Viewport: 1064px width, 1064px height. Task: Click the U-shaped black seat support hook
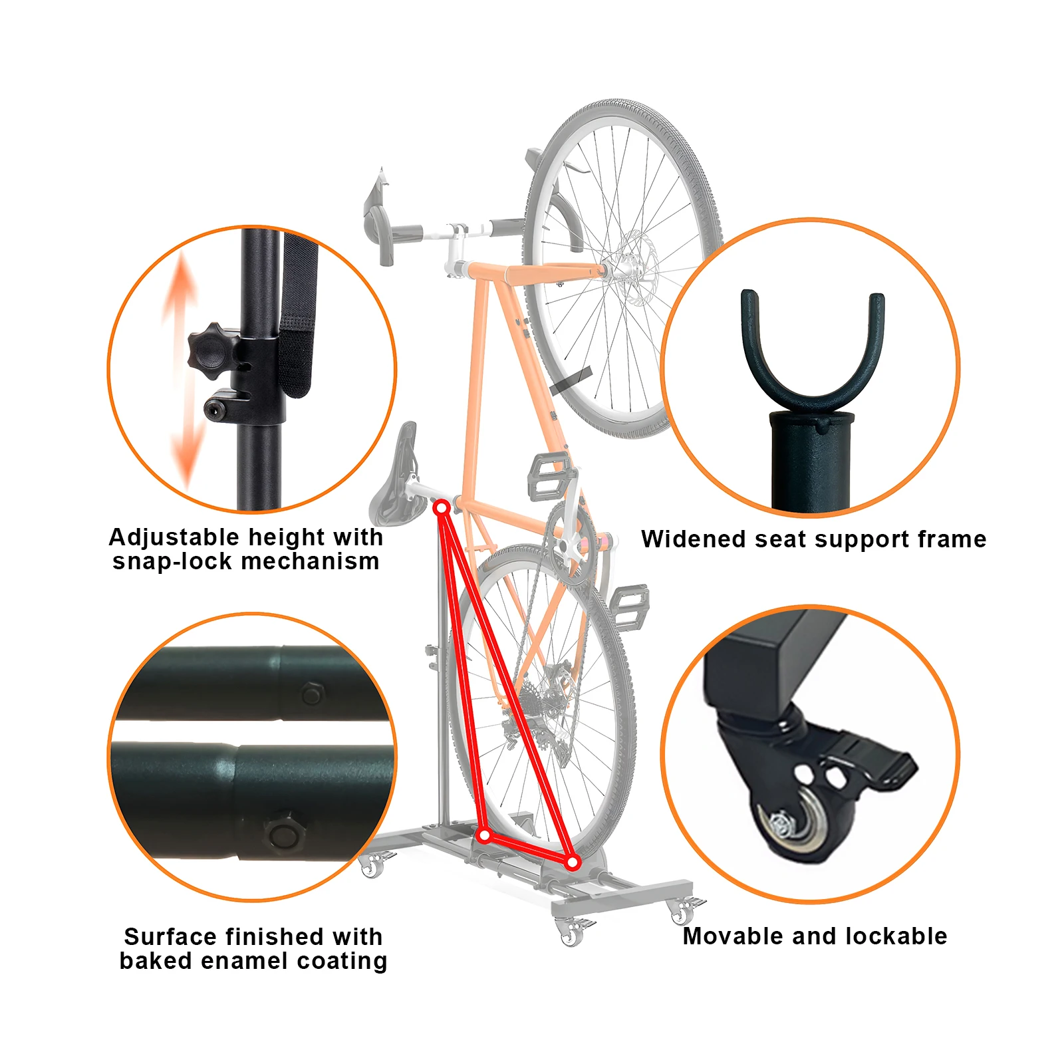(813, 359)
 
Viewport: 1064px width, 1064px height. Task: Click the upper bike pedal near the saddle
(549, 473)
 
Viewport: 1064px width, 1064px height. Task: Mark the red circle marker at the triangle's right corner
(573, 863)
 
